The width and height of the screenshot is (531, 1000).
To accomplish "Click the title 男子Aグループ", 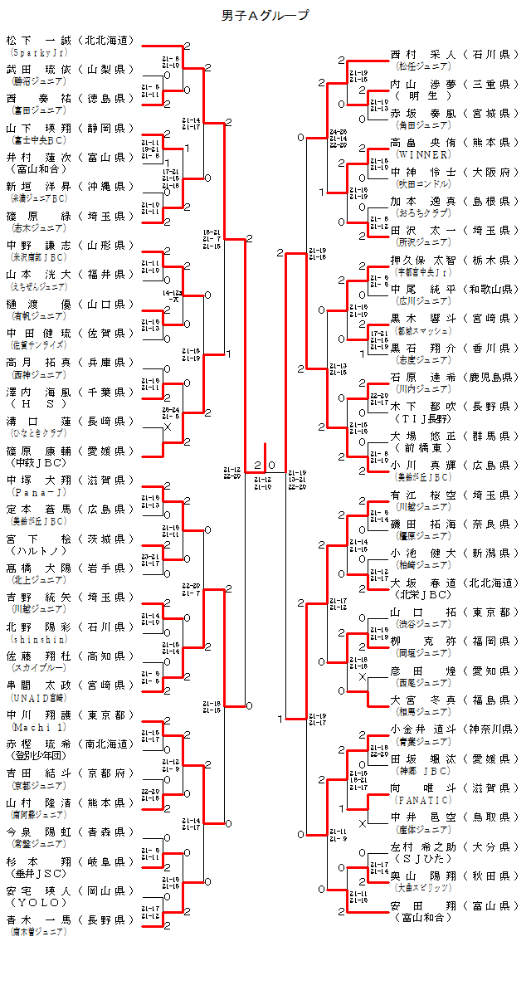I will point(265,15).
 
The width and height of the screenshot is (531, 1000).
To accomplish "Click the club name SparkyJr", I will point(32,51).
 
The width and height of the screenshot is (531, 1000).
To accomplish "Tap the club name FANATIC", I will point(423,800).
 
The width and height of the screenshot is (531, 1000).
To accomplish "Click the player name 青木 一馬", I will point(39,920).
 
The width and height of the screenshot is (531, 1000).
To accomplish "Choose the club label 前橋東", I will point(423,447).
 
